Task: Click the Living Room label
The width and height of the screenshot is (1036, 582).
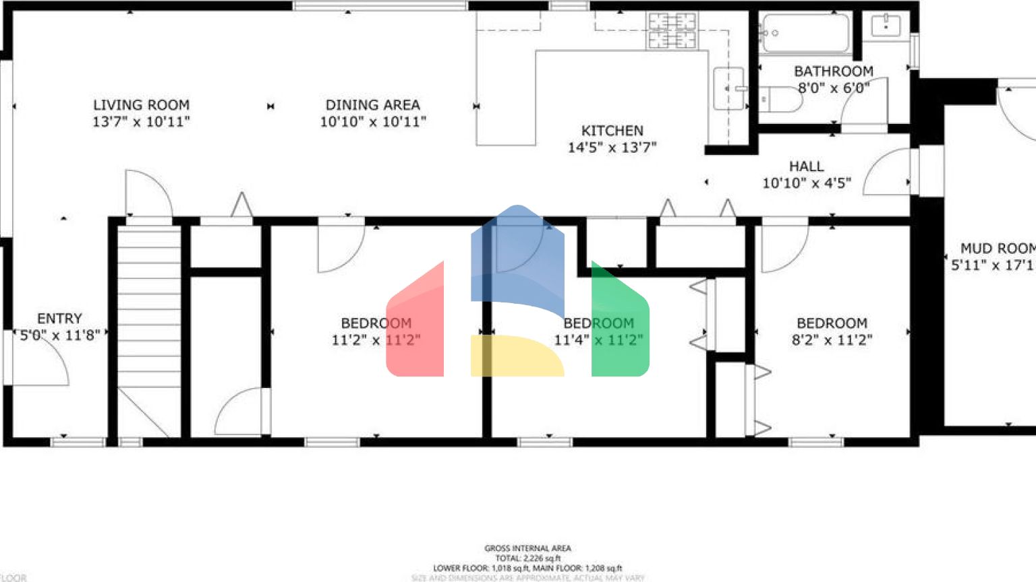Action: [x=141, y=105]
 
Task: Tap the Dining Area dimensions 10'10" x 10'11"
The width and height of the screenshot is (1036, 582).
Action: [x=373, y=122]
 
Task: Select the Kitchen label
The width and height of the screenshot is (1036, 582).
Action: [x=612, y=131]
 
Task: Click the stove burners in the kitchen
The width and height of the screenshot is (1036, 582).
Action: [x=672, y=31]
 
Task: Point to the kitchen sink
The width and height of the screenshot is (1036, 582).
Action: [x=728, y=88]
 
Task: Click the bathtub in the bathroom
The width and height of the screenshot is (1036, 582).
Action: [x=804, y=33]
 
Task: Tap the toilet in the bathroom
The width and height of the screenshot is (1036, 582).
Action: [x=782, y=100]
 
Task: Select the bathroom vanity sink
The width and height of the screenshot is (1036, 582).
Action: [x=886, y=26]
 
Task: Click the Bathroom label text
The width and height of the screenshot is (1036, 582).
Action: [x=834, y=71]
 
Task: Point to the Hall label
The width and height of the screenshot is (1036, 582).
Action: [x=807, y=166]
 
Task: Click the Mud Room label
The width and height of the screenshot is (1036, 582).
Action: [x=997, y=249]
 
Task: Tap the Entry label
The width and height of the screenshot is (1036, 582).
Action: [x=59, y=319]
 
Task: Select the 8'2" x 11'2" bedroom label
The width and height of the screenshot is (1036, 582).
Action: [x=832, y=332]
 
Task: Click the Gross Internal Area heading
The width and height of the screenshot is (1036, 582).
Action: [x=527, y=548]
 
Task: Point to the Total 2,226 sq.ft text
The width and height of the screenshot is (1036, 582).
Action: [x=527, y=558]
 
